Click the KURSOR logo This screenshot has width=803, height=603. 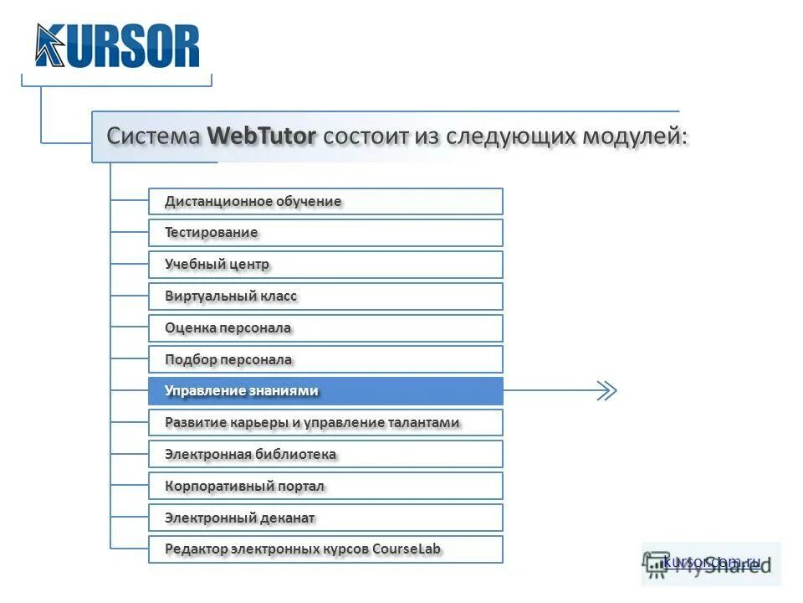click(x=118, y=46)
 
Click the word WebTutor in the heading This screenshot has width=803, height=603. click(x=262, y=136)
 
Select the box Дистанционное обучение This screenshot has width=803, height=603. click(x=325, y=201)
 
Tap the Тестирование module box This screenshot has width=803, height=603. click(x=325, y=233)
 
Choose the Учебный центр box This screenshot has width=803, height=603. click(x=325, y=265)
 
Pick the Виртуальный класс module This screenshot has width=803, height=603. click(x=325, y=296)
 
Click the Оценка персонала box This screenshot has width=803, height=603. click(x=325, y=328)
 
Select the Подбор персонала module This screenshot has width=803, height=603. click(x=325, y=360)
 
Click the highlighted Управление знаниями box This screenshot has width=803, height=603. click(x=325, y=391)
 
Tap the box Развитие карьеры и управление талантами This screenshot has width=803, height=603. click(x=325, y=423)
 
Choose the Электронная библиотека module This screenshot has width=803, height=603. click(x=325, y=455)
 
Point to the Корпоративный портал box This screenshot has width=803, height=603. click(x=325, y=487)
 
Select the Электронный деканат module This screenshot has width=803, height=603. click(x=325, y=518)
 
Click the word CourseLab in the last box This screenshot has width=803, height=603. click(x=407, y=549)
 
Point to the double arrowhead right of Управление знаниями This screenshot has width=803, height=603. click(x=606, y=391)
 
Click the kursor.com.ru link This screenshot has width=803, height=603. click(x=712, y=562)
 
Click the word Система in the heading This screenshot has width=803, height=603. click(x=153, y=136)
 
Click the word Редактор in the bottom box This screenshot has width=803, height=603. click(x=197, y=549)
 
